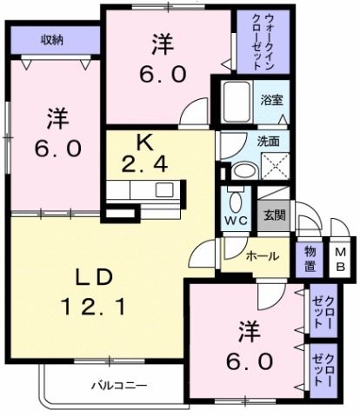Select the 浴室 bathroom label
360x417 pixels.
[x=272, y=100]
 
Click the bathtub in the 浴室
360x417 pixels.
[x=235, y=103]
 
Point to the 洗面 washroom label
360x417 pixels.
[x=269, y=140]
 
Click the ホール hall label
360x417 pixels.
[x=262, y=256]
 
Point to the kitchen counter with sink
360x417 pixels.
[x=143, y=190]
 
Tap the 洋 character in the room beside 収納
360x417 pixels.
[x=57, y=116]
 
